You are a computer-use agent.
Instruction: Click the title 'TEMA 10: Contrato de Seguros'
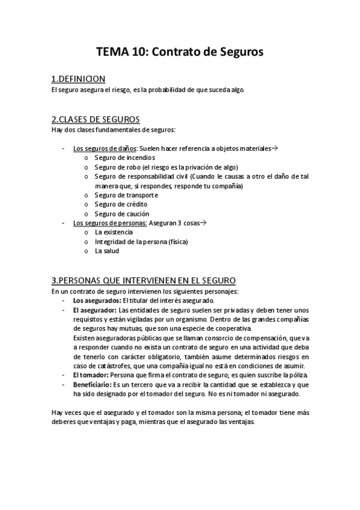point(180,52)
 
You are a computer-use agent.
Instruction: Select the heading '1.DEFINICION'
point(79,79)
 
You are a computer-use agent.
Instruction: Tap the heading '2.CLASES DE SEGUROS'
point(96,119)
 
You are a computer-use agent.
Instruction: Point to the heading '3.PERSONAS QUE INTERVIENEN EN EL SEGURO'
point(144,280)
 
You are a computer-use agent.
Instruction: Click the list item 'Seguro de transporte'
point(126,195)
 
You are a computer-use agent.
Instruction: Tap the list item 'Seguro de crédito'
point(121,204)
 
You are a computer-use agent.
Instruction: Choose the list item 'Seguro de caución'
point(122,214)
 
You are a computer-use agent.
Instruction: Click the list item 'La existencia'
point(114,232)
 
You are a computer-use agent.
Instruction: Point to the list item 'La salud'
point(107,251)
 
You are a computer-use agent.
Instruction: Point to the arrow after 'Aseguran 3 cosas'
point(203,223)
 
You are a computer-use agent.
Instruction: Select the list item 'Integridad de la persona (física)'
point(141,242)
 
